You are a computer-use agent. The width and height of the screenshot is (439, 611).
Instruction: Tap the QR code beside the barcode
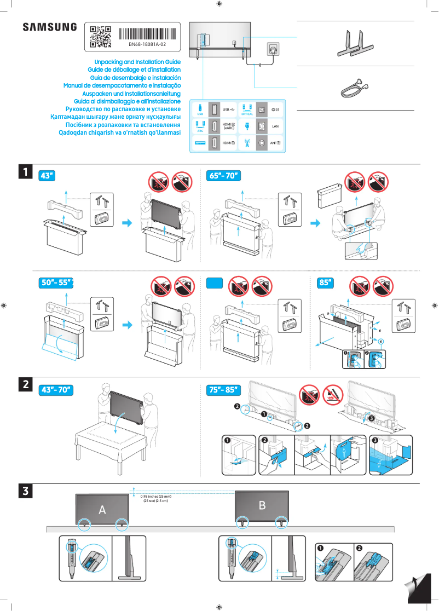point(100,37)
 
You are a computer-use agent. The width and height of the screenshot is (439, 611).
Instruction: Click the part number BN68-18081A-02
point(147,44)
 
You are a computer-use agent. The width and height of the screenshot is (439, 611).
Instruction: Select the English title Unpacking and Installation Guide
point(137,62)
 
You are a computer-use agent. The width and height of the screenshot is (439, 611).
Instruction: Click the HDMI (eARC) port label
point(229,126)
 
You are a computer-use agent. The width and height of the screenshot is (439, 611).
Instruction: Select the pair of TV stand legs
point(355,43)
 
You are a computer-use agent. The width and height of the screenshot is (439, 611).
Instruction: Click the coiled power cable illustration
point(354,87)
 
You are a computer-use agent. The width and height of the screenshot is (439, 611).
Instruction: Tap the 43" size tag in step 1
point(48,176)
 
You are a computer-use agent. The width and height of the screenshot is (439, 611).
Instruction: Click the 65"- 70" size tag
point(224,176)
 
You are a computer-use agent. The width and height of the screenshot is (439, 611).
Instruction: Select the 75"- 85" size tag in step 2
point(224,390)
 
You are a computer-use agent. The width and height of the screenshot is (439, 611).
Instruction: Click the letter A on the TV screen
point(102,510)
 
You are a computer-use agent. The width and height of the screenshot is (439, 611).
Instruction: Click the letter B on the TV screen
point(262,505)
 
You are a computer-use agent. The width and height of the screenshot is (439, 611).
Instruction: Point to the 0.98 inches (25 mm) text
point(156,497)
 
